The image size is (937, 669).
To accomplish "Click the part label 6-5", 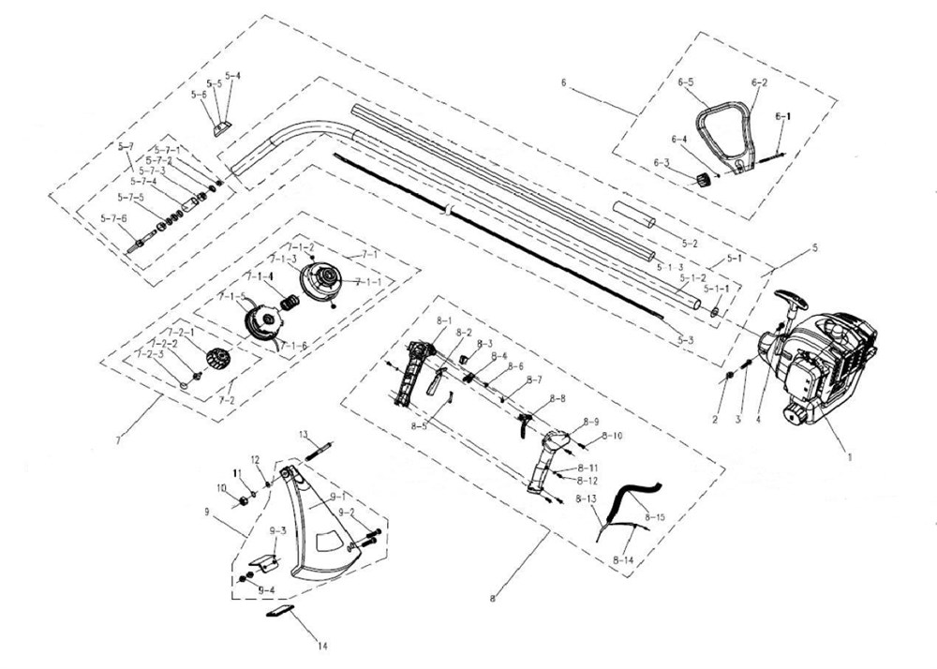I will click(x=686, y=82).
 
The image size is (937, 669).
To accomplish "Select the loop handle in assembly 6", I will click(x=726, y=131).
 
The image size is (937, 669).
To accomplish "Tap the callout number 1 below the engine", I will click(x=849, y=457).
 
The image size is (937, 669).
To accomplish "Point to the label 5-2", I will click(x=690, y=243).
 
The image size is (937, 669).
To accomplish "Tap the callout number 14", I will click(x=323, y=646).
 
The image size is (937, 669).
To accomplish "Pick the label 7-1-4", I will click(x=260, y=277).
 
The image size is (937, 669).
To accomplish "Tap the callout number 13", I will click(x=305, y=434).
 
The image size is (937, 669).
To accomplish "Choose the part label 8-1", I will click(x=418, y=320).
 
